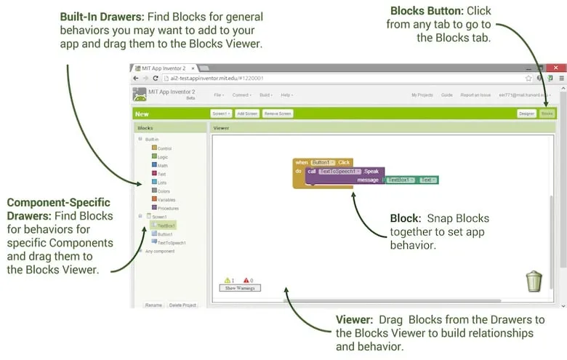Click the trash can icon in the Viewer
click(534, 280)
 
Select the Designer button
click(527, 113)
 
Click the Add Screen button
click(247, 113)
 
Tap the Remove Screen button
click(278, 113)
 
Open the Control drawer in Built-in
click(164, 148)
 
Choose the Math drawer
click(162, 165)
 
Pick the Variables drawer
click(166, 199)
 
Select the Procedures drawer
click(167, 208)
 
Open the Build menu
click(265, 95)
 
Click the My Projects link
click(422, 95)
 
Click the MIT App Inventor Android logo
click(140, 95)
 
